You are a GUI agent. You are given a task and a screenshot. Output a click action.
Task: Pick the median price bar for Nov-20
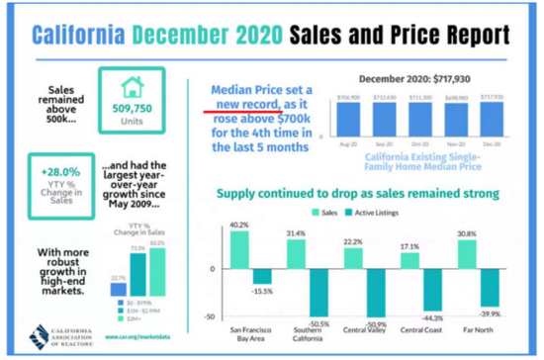click(459, 122)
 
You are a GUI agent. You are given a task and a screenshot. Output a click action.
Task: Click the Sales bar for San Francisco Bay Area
click(238, 249)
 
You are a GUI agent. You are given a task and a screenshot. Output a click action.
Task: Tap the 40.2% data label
click(238, 225)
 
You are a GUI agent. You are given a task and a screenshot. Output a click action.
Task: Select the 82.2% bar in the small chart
click(156, 272)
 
